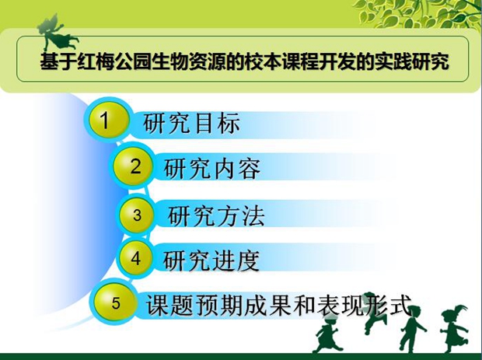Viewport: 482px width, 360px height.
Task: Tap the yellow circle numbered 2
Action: [133, 166]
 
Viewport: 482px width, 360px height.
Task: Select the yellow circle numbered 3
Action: [137, 215]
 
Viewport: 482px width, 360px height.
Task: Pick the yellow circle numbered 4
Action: [136, 258]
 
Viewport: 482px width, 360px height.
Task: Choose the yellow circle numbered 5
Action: [115, 302]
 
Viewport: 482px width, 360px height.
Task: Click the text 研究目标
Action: [191, 124]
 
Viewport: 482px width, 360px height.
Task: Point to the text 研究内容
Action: [212, 169]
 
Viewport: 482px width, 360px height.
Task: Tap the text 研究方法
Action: [216, 216]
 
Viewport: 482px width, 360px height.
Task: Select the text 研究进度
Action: [211, 260]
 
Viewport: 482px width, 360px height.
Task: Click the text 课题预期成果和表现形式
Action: [279, 305]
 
